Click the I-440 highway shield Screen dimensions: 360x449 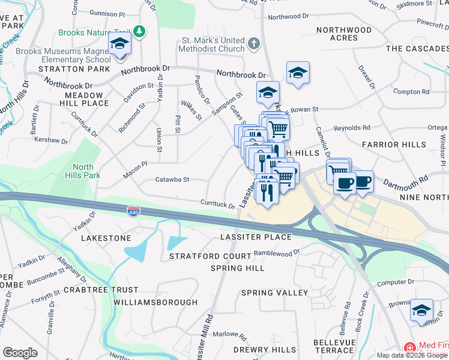[133, 211]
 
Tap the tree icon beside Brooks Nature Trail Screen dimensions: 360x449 [139, 31]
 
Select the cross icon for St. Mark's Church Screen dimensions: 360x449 [253, 43]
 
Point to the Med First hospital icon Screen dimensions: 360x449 [410, 347]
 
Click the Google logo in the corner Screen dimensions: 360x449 [20, 353]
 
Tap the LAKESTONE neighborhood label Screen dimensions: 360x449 [106, 238]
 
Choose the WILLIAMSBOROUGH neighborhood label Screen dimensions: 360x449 [155, 302]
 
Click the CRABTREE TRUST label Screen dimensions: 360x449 [100, 290]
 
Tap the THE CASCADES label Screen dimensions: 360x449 [414, 48]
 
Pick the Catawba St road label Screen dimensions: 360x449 [172, 179]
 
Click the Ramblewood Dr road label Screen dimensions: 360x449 [276, 253]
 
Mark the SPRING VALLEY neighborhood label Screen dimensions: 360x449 [274, 293]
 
